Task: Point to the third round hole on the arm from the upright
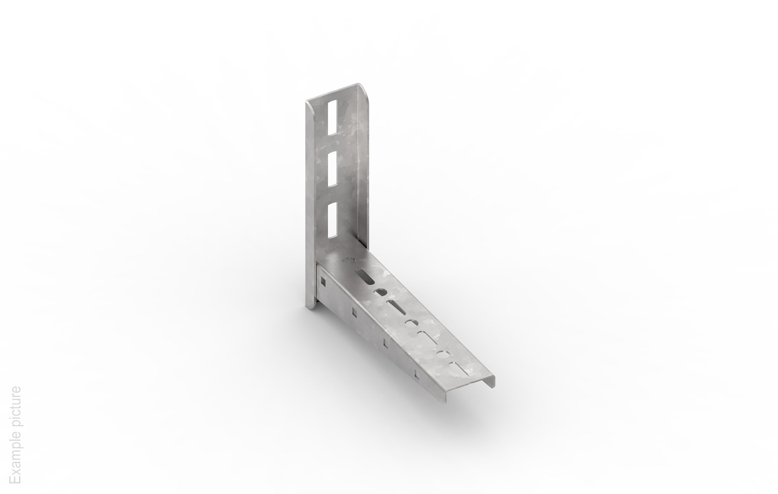(412, 322)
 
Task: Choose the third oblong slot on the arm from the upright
(428, 338)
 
